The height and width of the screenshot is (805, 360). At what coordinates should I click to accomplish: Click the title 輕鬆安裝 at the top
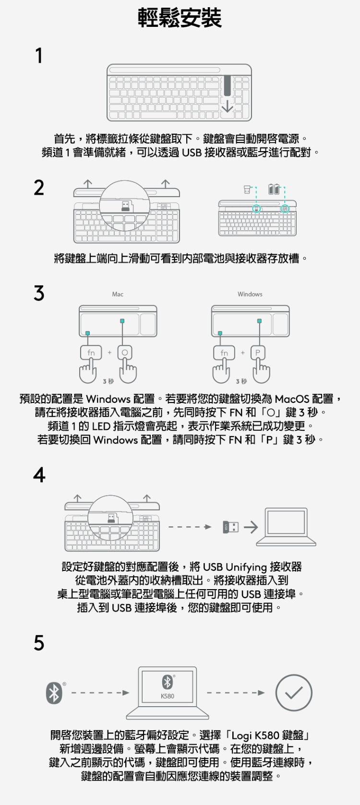point(180,18)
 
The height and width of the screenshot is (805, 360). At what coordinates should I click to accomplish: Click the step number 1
point(39,56)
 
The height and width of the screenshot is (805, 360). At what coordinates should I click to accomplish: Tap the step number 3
point(39,293)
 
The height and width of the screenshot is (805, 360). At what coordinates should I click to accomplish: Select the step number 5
point(39,643)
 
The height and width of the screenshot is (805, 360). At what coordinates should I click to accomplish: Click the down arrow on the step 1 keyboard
point(227,107)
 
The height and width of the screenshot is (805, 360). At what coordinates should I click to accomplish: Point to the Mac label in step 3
point(118,294)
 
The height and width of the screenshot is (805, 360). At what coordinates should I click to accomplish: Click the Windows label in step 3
point(250,294)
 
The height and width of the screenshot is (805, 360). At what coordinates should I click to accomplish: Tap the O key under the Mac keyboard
point(125,353)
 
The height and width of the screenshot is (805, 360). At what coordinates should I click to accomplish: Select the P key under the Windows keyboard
point(258,353)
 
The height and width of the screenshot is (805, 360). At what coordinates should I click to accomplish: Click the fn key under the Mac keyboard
point(91,353)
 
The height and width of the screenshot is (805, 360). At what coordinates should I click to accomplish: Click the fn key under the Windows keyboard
point(224,353)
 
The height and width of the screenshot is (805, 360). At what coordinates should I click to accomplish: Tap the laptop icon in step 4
point(286,527)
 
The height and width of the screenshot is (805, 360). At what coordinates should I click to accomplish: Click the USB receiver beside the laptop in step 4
point(230,527)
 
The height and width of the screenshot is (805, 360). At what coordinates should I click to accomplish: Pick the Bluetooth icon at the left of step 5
point(54,693)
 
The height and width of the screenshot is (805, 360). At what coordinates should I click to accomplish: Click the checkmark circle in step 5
point(293,693)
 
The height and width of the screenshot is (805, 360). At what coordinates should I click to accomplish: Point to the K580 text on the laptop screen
point(168,696)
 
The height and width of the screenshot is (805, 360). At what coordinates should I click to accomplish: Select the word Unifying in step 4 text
point(246,567)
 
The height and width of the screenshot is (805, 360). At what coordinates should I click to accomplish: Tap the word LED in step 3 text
point(101,426)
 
